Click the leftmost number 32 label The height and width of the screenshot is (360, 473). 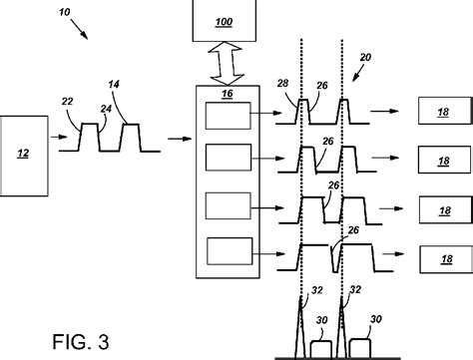[317, 290]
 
